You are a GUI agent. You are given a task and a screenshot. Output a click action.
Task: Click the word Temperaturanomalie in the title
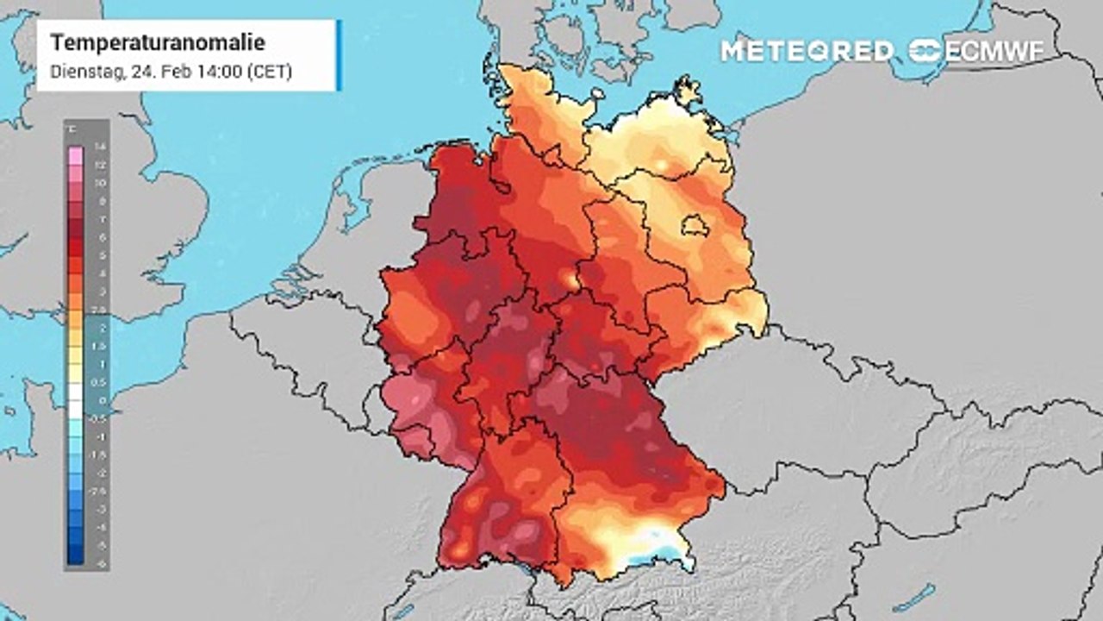157,42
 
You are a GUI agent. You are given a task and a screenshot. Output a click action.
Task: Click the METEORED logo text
807,51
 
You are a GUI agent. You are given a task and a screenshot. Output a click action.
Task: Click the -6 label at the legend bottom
100,561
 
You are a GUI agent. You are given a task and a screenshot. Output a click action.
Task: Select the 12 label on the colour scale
100,165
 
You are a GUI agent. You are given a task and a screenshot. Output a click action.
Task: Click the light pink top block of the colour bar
76,155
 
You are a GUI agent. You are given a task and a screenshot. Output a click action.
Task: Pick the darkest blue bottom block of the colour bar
76,555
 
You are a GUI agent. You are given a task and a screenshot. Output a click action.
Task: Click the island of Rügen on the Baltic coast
688,88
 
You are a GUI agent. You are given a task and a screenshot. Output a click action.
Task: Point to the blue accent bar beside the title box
339,54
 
